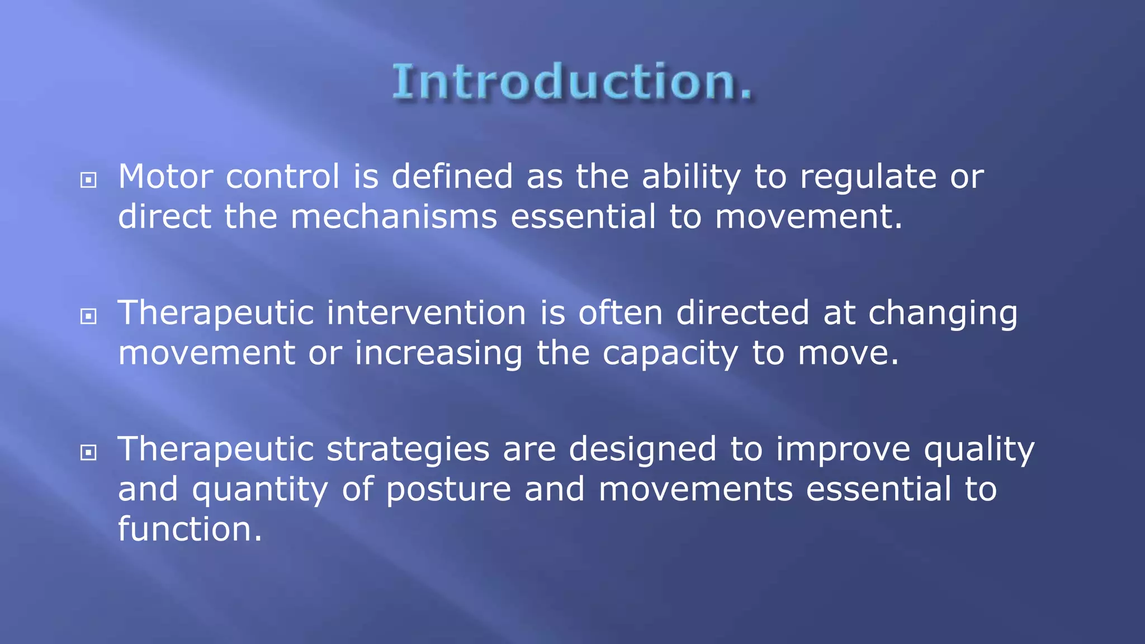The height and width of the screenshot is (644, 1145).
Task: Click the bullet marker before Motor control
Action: (x=88, y=180)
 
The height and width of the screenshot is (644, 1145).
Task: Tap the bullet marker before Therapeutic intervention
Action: (x=88, y=316)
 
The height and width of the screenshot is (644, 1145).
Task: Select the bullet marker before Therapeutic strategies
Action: (x=88, y=452)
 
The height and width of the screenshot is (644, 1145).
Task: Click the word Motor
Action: (x=165, y=177)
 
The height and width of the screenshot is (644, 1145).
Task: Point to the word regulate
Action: (x=868, y=178)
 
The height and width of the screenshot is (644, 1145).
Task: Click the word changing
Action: (x=943, y=314)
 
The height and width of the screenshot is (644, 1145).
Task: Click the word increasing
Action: (x=438, y=354)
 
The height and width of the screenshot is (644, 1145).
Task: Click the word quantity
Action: (x=260, y=490)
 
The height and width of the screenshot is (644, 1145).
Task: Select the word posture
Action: (x=448, y=490)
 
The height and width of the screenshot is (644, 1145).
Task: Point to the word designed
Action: (x=642, y=449)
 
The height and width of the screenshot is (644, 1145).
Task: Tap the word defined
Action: (x=452, y=177)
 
